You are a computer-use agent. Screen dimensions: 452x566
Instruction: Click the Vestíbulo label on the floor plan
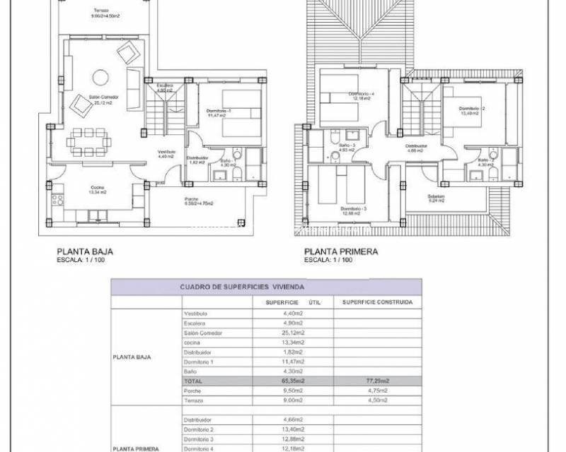166,154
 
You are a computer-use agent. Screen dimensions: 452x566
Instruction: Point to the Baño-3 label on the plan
346,148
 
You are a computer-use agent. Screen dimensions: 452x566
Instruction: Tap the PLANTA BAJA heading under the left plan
84,251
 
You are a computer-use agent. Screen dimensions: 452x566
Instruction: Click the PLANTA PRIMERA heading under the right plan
340,251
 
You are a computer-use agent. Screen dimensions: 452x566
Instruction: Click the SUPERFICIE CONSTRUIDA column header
378,302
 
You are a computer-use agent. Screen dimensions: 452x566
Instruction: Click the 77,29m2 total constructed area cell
377,381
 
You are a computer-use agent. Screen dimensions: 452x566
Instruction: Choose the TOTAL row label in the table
195,381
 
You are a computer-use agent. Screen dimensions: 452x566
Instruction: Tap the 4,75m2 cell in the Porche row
377,390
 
